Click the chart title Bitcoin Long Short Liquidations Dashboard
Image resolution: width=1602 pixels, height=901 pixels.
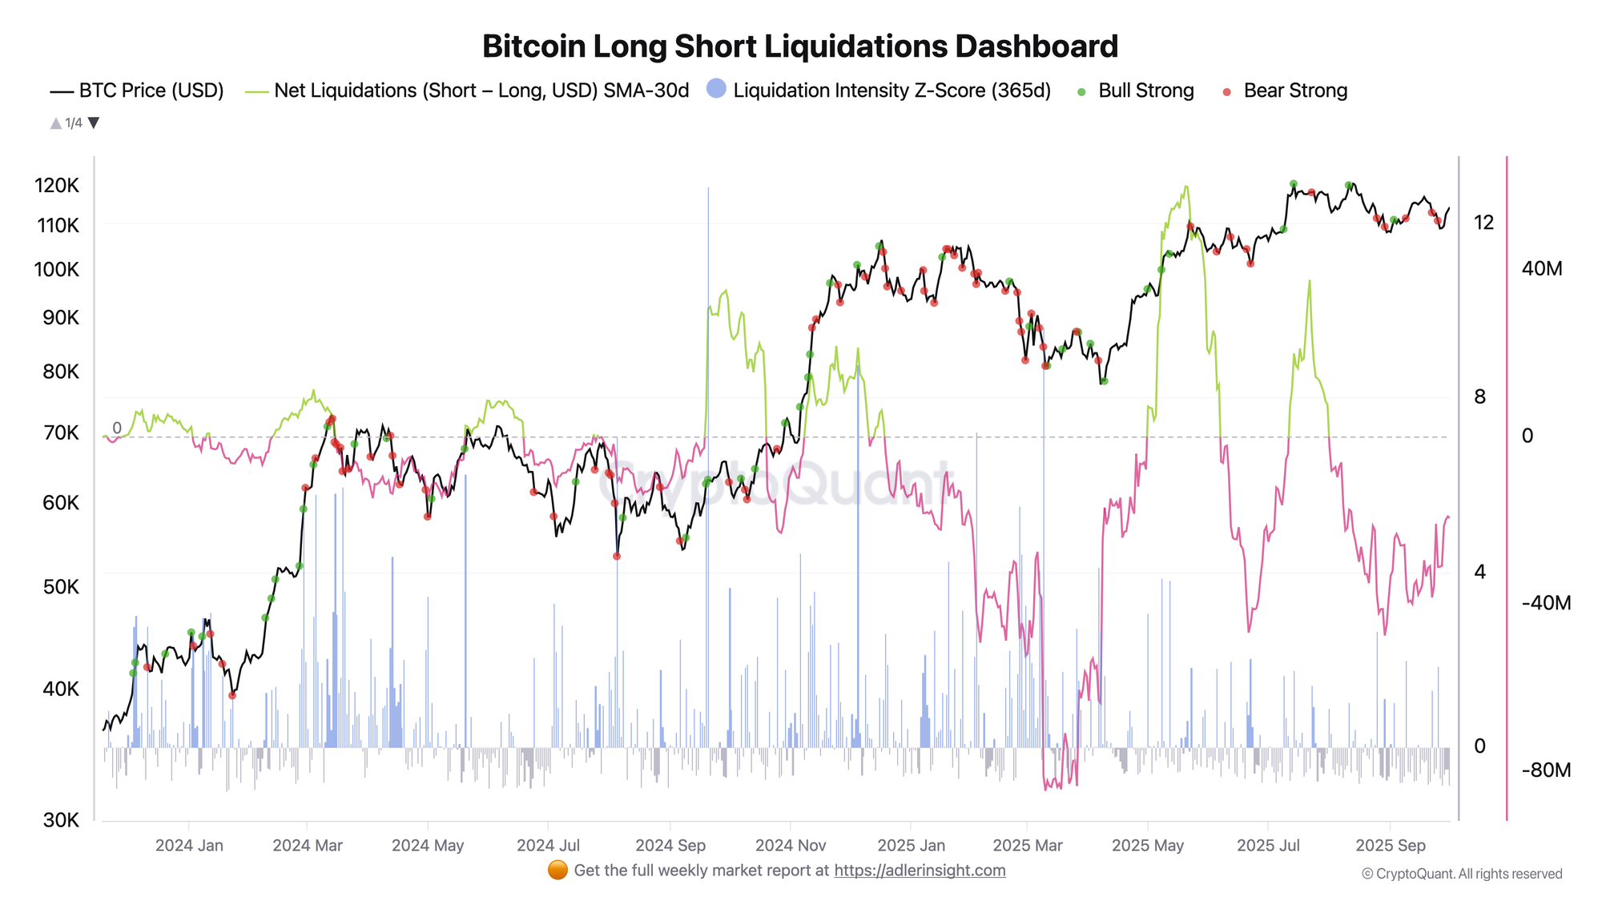click(799, 46)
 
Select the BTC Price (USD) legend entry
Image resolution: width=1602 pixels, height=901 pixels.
click(137, 91)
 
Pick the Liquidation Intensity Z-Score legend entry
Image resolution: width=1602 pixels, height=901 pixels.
click(879, 91)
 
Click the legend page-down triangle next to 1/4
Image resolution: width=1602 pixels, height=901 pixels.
click(94, 123)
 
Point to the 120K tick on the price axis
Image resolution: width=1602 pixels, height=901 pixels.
click(57, 186)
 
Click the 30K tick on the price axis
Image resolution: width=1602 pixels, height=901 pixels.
click(61, 820)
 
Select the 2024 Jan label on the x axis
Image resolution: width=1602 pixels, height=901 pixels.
click(189, 846)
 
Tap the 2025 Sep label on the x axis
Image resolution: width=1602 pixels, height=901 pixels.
click(1390, 846)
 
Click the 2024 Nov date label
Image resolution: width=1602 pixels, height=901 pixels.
click(790, 846)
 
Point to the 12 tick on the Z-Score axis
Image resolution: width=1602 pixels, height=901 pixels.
click(1483, 223)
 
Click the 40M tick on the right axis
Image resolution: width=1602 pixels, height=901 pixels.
click(1541, 268)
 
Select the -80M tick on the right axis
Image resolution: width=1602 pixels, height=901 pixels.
click(1546, 770)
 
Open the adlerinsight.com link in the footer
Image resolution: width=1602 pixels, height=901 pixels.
click(920, 871)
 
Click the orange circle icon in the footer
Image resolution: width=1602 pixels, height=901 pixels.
click(557, 871)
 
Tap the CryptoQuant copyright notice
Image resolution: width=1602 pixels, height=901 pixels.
click(1462, 874)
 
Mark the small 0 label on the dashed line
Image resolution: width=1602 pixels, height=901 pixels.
click(117, 428)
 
